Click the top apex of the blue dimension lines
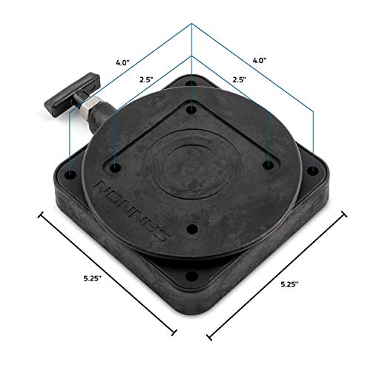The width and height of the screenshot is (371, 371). (191, 23)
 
